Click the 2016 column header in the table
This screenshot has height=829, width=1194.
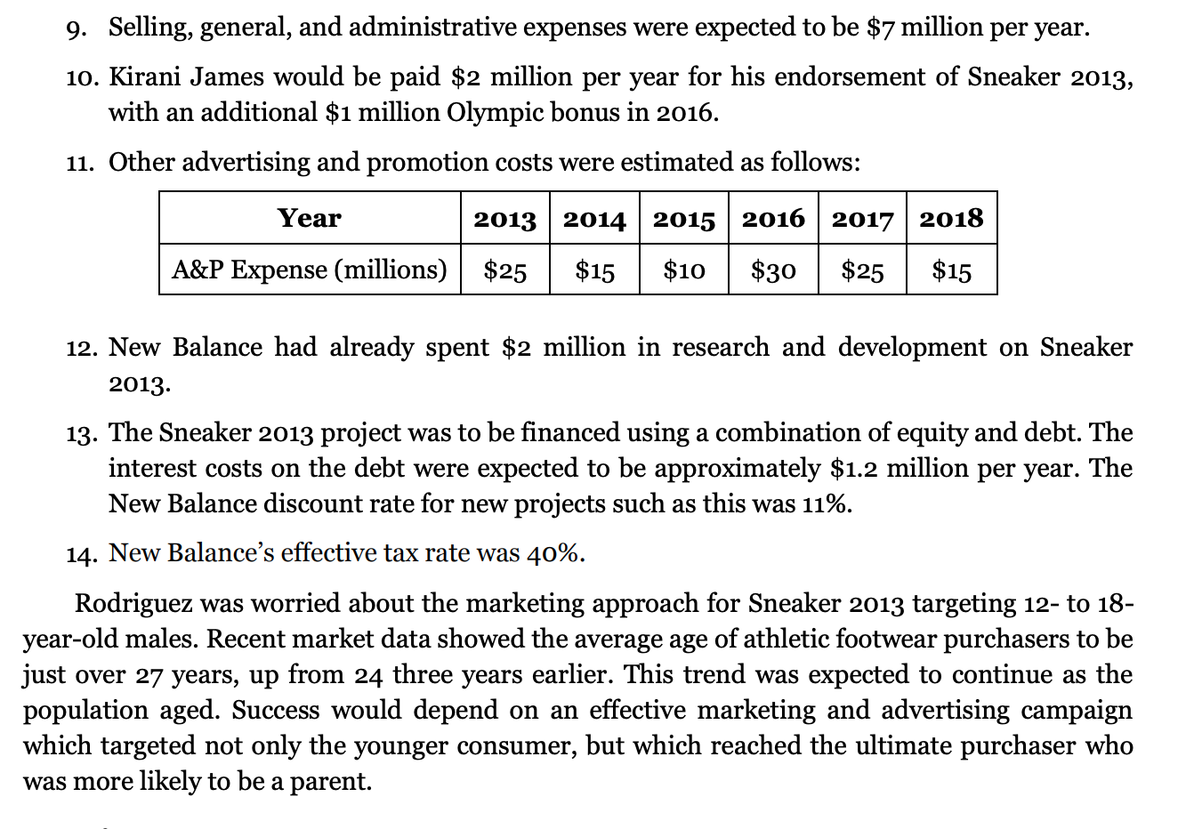[x=772, y=218]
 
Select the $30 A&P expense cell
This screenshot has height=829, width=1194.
[x=772, y=270]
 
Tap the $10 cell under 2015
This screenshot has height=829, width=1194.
[x=683, y=270]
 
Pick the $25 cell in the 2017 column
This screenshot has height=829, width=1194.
[x=862, y=270]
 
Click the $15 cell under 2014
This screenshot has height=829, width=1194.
[x=594, y=270]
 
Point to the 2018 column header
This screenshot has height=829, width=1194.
[x=951, y=218]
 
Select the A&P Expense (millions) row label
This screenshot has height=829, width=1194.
[x=309, y=270]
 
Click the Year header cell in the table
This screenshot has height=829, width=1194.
[x=309, y=218]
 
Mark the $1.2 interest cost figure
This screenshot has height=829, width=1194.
[x=853, y=468]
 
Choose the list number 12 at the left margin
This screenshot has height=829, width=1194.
[x=83, y=348]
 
